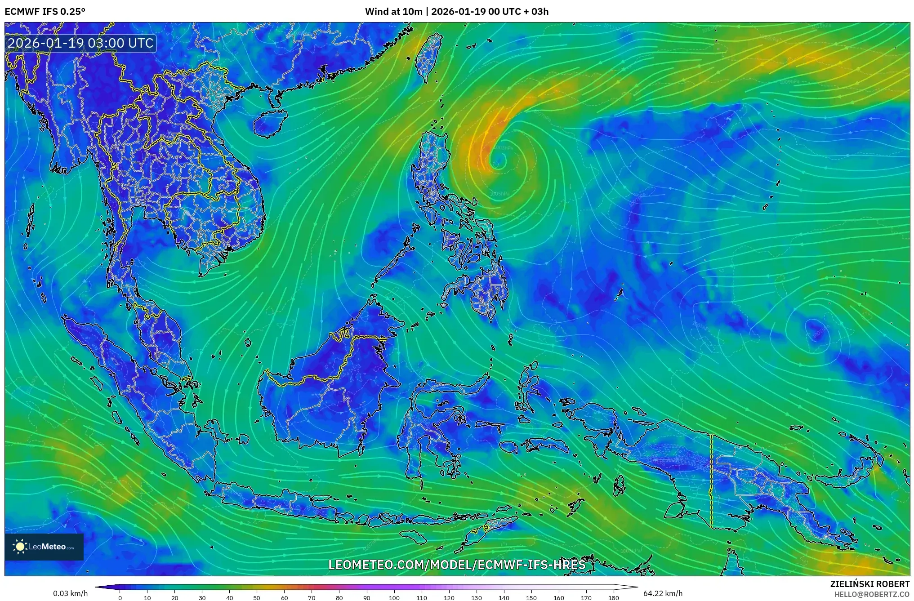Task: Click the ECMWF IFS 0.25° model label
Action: click(45, 11)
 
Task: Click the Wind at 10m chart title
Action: click(456, 11)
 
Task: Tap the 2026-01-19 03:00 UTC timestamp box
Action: click(81, 43)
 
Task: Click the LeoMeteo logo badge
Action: click(44, 547)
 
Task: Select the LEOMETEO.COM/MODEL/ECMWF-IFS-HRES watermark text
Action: click(457, 565)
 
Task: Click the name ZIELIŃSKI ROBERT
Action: click(869, 584)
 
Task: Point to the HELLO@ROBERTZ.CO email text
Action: click(872, 594)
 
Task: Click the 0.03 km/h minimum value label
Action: click(70, 593)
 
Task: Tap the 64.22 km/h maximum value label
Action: click(663, 593)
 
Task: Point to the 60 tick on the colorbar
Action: click(284, 597)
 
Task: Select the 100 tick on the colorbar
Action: click(394, 597)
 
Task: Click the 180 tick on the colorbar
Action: click(614, 597)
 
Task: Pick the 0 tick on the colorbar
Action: click(120, 597)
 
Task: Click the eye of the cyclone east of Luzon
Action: click(498, 160)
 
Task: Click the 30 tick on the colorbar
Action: click(202, 597)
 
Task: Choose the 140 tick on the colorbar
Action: click(504, 597)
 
